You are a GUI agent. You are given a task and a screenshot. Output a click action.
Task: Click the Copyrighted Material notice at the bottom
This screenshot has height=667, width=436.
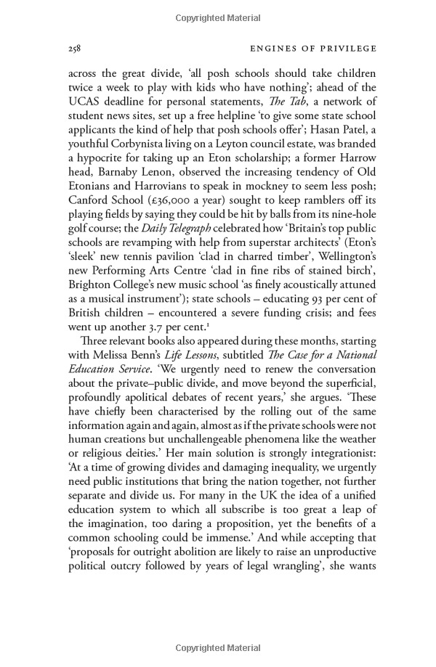click(x=217, y=647)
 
